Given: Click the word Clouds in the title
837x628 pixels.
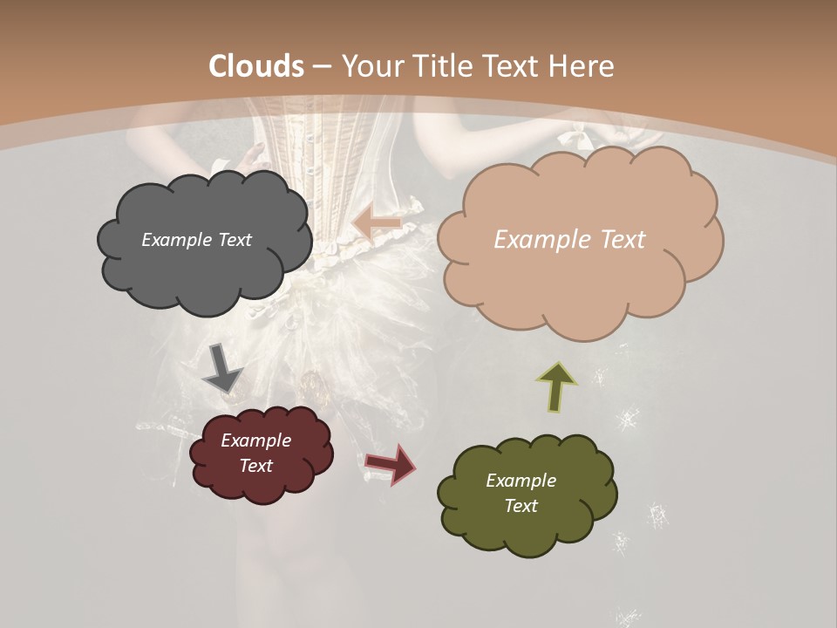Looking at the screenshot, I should click(256, 66).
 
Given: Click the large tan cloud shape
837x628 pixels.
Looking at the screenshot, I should click(579, 279).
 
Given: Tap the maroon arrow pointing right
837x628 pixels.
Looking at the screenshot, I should click(390, 463).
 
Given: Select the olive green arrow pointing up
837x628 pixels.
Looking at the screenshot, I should click(557, 386).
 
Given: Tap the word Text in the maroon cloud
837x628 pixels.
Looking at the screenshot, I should click(256, 466).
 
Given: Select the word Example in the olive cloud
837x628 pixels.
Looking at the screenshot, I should click(521, 481).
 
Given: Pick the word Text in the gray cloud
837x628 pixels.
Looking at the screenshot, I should click(234, 240).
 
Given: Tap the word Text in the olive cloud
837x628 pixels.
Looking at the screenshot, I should click(521, 506).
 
